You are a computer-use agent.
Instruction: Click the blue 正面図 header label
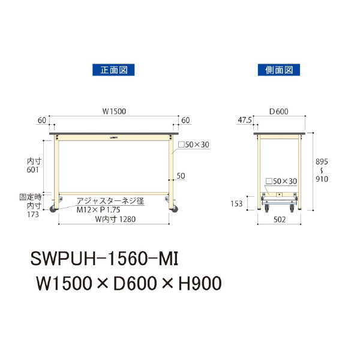point(113,70)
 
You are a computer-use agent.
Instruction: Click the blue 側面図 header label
point(278,70)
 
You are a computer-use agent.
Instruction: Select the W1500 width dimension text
point(113,112)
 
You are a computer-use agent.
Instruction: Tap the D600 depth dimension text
point(280,112)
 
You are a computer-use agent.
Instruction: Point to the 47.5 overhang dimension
point(244,120)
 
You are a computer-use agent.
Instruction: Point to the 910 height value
point(322,179)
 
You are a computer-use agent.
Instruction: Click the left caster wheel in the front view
point(53,209)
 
